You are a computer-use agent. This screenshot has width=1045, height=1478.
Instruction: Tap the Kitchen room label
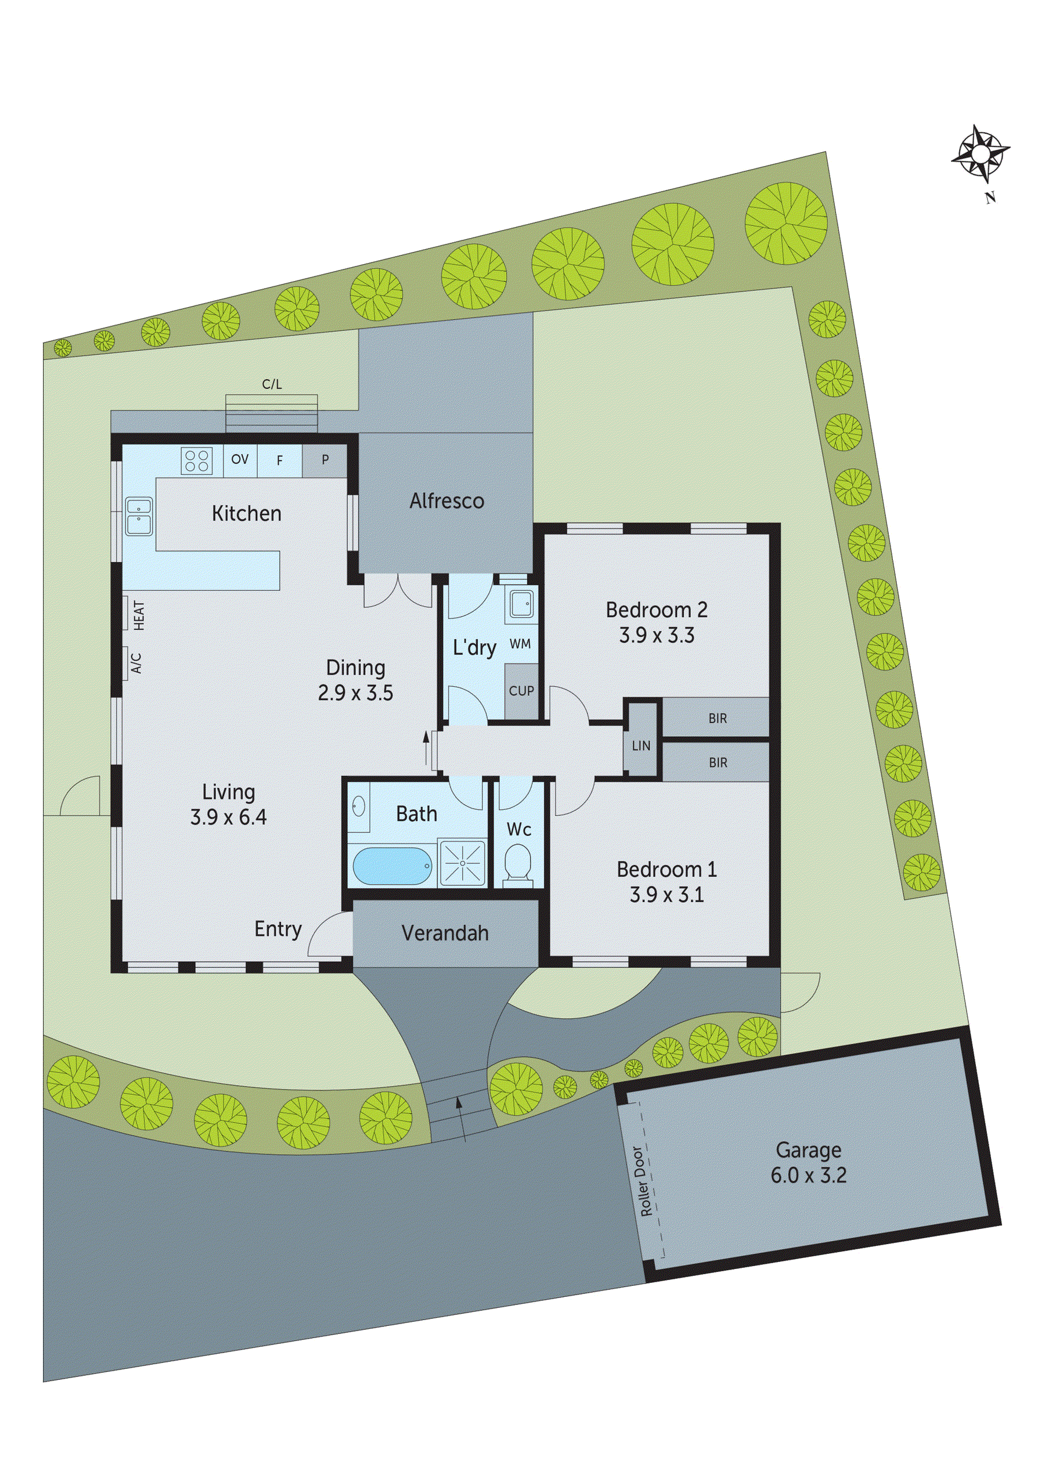(x=247, y=514)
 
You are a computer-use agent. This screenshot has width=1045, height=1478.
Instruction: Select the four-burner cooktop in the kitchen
(x=196, y=460)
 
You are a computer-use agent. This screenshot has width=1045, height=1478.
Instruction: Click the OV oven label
(x=240, y=460)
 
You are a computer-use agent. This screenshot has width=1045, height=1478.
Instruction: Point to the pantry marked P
(x=325, y=460)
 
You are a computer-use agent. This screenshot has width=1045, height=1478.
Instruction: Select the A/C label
(x=136, y=663)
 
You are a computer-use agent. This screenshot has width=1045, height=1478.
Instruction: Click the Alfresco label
(x=446, y=501)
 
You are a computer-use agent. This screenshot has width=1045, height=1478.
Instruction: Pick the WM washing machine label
(x=520, y=644)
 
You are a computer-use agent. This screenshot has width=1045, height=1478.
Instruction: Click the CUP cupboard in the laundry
(x=521, y=691)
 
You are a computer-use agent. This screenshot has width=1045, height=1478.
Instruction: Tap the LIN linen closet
(x=641, y=746)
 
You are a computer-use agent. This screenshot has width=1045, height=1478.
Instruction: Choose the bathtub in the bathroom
(x=391, y=866)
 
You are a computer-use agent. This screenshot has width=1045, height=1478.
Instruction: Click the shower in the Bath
(x=462, y=862)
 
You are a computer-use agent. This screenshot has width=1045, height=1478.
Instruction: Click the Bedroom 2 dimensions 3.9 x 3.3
(x=656, y=636)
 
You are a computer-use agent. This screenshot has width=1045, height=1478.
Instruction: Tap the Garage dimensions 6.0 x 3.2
(x=808, y=1175)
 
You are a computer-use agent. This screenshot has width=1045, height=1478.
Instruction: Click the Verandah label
(x=445, y=933)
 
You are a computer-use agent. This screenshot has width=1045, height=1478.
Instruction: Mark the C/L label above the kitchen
(x=272, y=384)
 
